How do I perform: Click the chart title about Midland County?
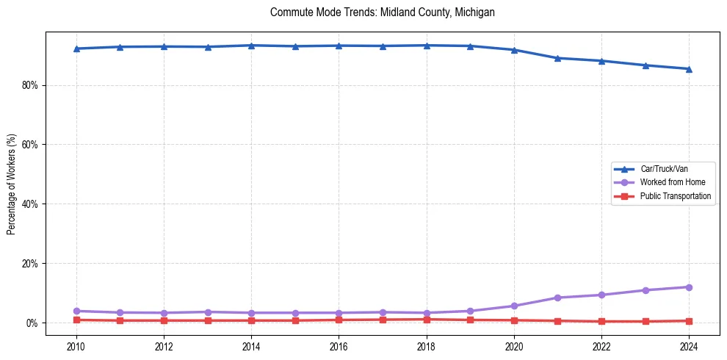click(382, 12)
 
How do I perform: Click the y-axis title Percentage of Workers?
click(12, 185)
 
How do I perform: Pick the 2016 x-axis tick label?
click(339, 346)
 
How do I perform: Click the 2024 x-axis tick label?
click(689, 346)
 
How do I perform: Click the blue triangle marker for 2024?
click(689, 69)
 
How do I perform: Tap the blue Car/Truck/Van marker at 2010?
click(76, 48)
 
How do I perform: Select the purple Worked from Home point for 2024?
click(689, 287)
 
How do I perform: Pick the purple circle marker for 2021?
click(557, 298)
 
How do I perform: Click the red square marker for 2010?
click(76, 320)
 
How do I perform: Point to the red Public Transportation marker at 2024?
click(689, 321)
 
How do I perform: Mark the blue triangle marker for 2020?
click(514, 50)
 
